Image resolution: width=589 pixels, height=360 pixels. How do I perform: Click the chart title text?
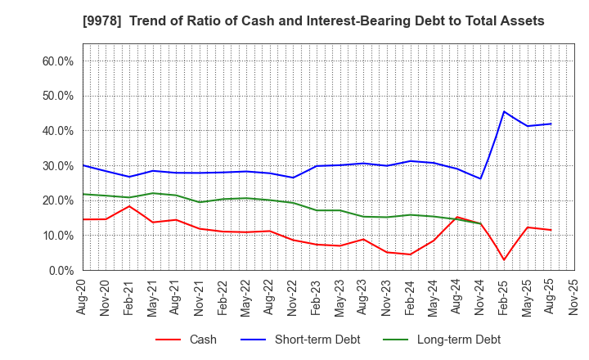(295, 21)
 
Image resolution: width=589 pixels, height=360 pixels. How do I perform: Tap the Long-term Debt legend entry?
(458, 340)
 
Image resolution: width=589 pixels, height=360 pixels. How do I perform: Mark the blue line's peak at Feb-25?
(504, 111)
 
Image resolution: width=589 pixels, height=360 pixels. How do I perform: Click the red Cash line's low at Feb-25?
(504, 260)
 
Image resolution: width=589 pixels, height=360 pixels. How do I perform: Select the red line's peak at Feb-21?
(129, 206)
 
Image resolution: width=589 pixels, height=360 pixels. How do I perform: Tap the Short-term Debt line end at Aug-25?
(551, 124)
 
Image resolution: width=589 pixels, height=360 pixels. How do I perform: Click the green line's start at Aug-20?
(83, 194)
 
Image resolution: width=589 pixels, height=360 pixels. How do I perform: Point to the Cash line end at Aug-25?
(551, 230)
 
